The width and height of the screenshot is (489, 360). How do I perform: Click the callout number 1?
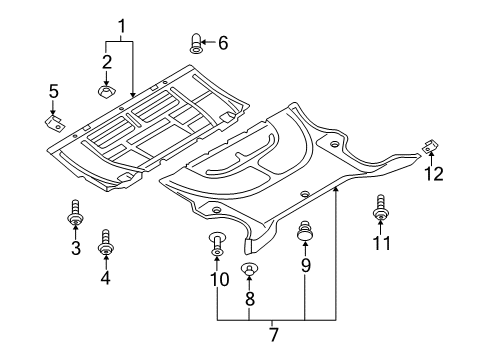[x=122, y=27]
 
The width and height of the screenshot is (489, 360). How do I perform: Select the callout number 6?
[x=223, y=43]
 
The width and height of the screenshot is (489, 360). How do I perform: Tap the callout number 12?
[x=434, y=174]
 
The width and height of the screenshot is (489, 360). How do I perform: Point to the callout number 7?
[x=273, y=334]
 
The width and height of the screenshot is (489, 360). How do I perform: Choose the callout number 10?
[x=220, y=279]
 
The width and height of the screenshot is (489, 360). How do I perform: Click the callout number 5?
[x=54, y=91]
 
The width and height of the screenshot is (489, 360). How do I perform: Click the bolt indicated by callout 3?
[x=75, y=212]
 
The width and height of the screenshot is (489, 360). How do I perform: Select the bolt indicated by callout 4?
[x=106, y=242]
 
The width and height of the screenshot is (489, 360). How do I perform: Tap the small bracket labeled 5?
[x=55, y=122]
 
